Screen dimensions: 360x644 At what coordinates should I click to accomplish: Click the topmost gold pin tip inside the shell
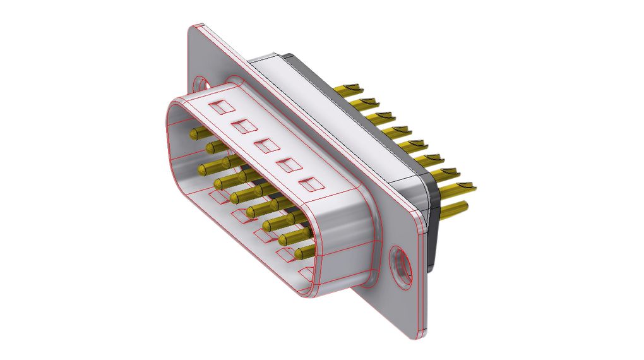[196, 133]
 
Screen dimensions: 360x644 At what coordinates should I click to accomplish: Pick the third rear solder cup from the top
[384, 117]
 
